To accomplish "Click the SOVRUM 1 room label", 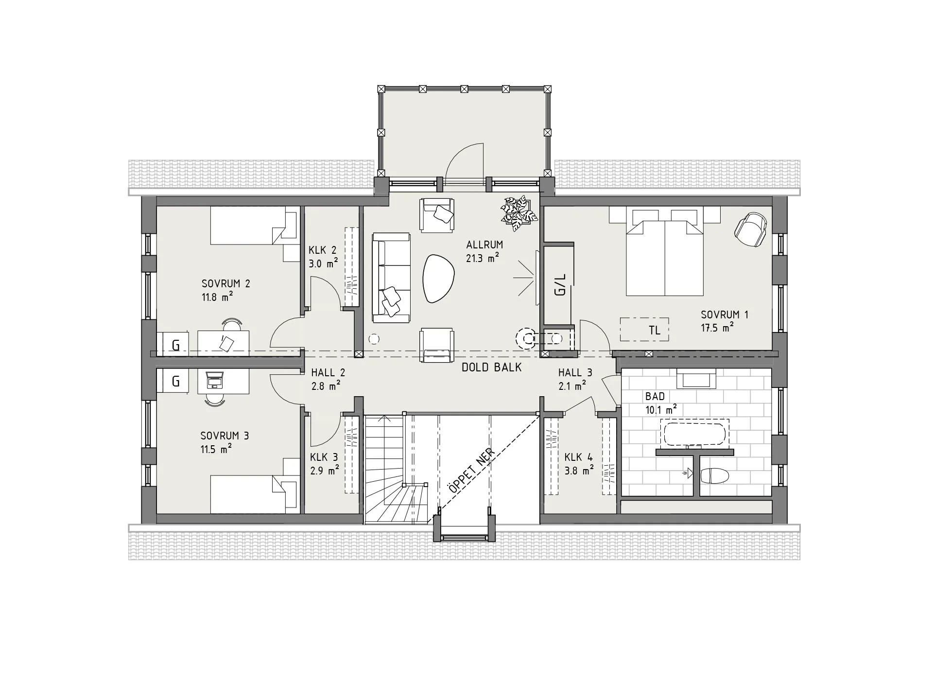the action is [724, 315].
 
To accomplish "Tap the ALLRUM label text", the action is [484, 245].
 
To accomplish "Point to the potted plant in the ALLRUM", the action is [519, 214].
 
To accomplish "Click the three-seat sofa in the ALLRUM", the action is [391, 278].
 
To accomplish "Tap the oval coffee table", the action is [438, 279].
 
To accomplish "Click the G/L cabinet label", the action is [560, 285].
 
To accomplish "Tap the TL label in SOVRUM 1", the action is [655, 331].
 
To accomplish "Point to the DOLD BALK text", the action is [491, 367].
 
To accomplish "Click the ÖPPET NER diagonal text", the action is [472, 470].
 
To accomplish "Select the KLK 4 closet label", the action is [578, 457].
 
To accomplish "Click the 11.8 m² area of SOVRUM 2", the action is [217, 297].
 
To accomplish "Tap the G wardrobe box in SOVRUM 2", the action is [173, 344].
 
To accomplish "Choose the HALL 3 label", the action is [575, 373].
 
